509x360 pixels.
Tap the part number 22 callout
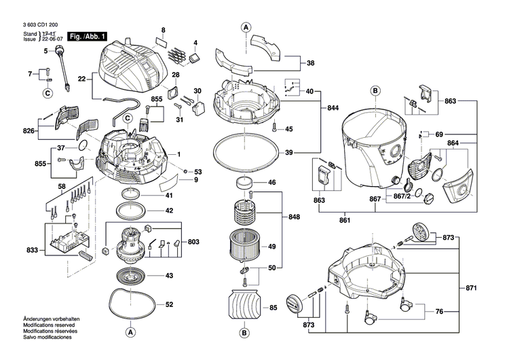(x=81, y=79)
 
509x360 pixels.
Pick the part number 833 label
(x=32, y=251)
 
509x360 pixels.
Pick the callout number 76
(x=439, y=312)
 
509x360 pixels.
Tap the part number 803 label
(x=193, y=242)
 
